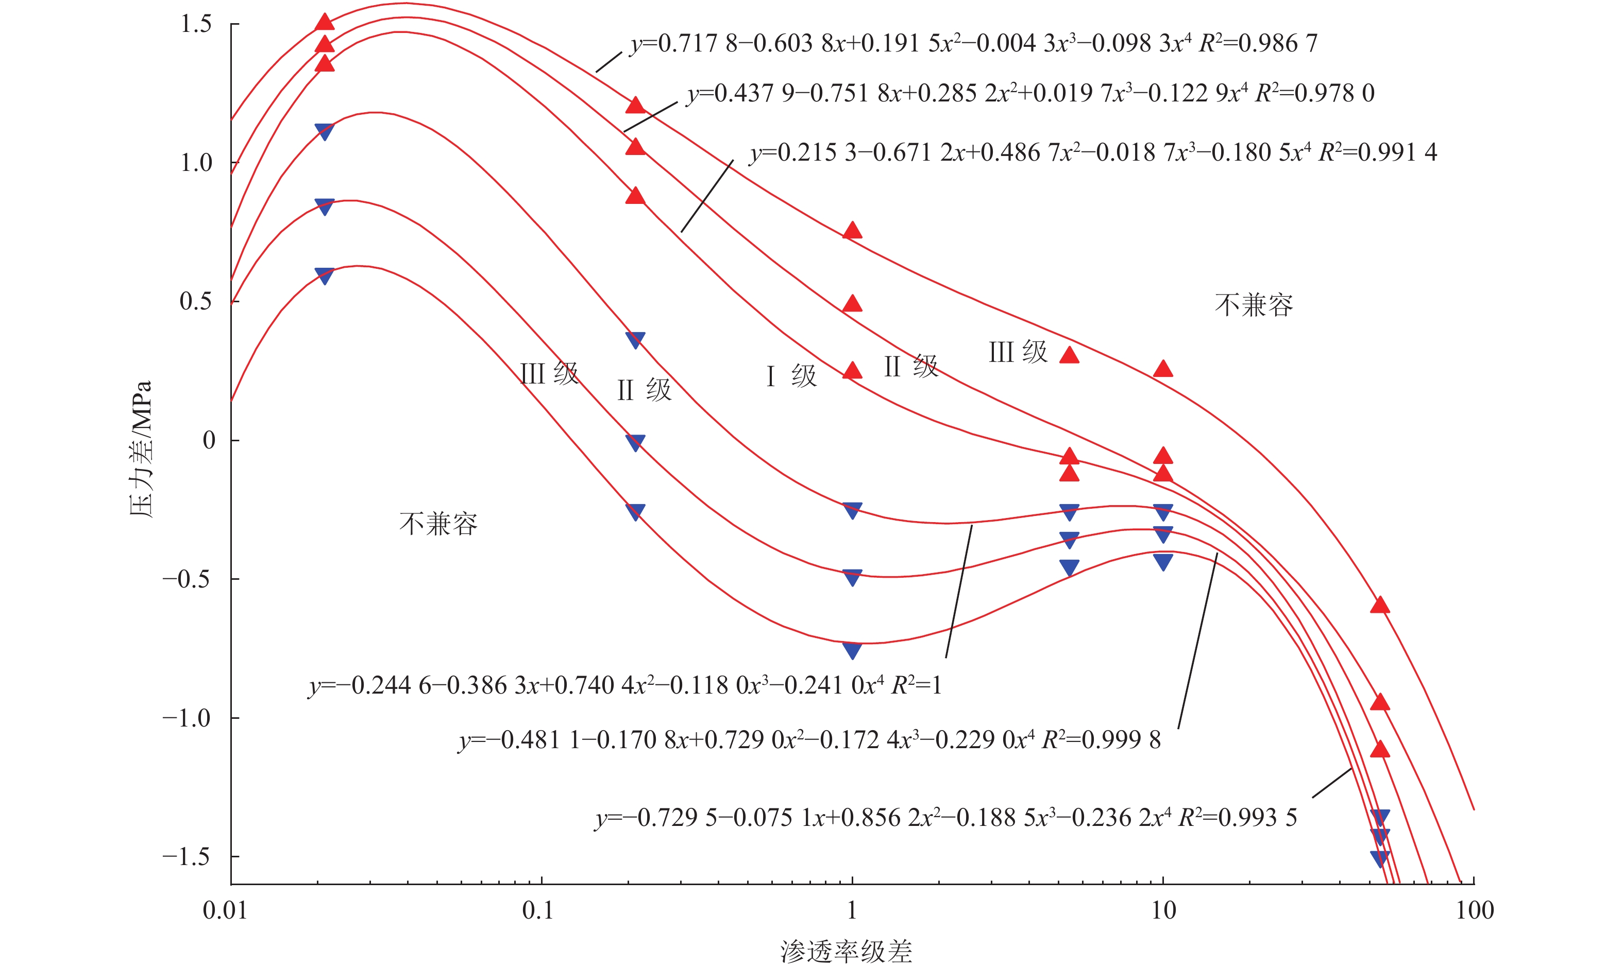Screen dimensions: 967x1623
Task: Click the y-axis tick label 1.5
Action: [196, 24]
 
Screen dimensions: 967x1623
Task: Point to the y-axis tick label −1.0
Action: [187, 718]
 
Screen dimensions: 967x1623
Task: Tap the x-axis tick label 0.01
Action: [225, 910]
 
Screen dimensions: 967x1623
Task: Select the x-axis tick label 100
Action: [1475, 910]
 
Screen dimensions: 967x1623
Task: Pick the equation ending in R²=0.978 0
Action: [1030, 94]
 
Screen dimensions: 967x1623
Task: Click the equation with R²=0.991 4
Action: [1093, 152]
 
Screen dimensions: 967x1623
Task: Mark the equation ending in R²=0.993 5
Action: [945, 818]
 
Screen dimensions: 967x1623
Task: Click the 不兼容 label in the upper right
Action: [1253, 305]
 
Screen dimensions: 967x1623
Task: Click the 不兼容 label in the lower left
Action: [438, 524]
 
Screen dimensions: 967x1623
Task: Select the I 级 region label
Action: [791, 376]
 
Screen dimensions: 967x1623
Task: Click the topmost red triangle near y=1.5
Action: [325, 22]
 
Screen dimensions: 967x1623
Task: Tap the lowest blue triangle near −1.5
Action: [1380, 858]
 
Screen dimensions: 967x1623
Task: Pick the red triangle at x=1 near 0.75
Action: [852, 231]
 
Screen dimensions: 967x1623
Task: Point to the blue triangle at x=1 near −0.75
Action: [852, 650]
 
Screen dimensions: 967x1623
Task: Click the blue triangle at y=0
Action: [635, 442]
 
